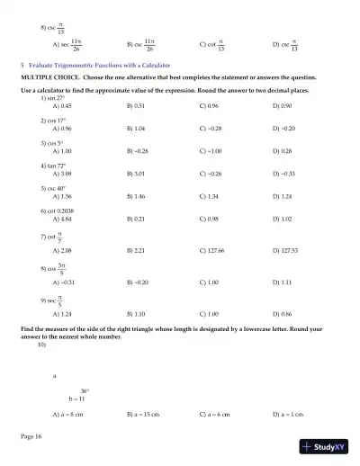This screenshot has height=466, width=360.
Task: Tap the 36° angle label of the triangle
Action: (x=85, y=390)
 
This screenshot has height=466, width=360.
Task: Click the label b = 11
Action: (x=76, y=398)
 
